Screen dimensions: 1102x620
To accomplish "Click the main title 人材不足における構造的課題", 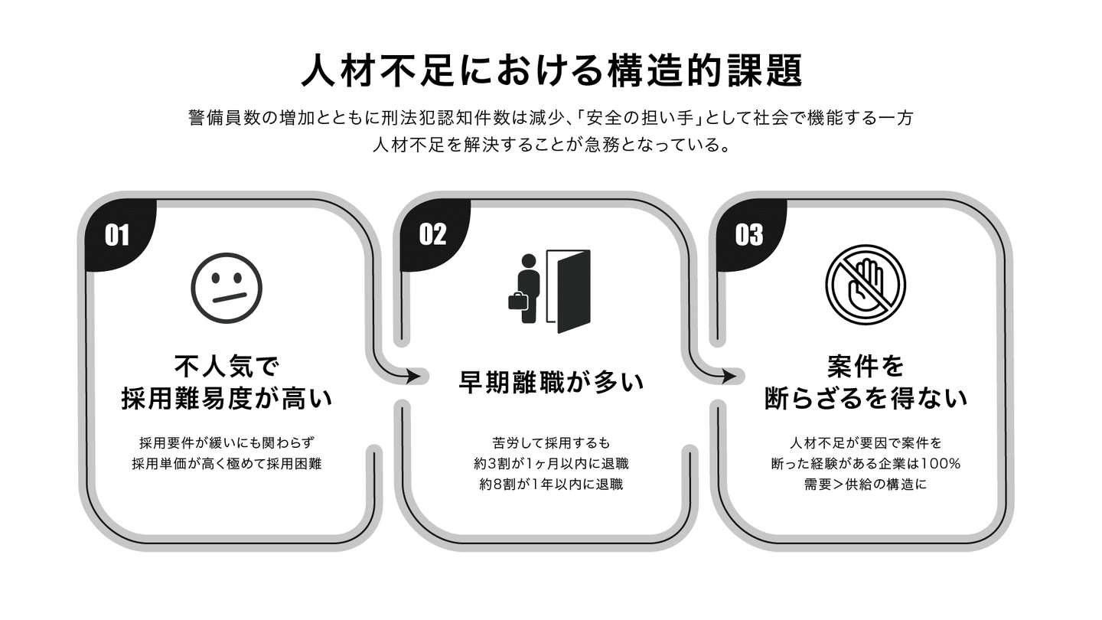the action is tap(551, 71).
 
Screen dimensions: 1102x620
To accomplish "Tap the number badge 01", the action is tap(117, 235).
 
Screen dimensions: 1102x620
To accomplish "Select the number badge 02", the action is tap(433, 234).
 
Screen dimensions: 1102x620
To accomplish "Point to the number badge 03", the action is tap(748, 235).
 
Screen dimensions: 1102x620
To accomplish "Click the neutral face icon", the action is tap(227, 289).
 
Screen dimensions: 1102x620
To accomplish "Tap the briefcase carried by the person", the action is tap(518, 301).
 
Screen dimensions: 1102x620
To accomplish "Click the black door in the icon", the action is tap(574, 292).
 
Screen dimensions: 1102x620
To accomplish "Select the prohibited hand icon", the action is tap(866, 285).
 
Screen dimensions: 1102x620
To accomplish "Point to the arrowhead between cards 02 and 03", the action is tap(729, 377).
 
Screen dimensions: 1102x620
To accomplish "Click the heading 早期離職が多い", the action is tap(551, 382).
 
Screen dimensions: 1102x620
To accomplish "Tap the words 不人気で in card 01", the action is tap(227, 366).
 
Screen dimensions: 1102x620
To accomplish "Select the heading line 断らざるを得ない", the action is tap(866, 398).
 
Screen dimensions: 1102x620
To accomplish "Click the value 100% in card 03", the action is tap(941, 464).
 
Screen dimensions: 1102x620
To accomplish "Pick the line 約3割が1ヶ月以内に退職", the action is tap(551, 464).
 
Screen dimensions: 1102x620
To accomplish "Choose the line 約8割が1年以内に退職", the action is tap(551, 485).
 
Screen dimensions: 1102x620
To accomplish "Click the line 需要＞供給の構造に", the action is tap(866, 485).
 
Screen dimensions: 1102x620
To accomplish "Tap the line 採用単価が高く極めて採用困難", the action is tap(227, 464).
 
